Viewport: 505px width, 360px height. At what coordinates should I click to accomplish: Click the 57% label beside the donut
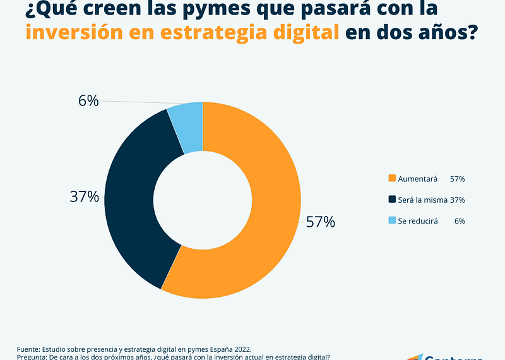[320, 222]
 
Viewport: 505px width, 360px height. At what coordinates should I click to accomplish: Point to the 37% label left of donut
[84, 196]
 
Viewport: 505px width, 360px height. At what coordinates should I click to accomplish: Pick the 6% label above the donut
[88, 100]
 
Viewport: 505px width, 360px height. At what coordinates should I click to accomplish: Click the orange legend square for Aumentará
[392, 179]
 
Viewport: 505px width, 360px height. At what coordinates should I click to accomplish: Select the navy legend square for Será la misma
[392, 200]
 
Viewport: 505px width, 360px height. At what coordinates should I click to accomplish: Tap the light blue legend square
[392, 220]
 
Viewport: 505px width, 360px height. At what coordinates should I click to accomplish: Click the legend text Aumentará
[418, 179]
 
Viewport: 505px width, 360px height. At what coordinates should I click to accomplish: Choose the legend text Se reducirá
[418, 221]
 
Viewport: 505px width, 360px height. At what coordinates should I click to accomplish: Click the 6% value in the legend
[459, 221]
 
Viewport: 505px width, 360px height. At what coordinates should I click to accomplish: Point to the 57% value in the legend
[457, 179]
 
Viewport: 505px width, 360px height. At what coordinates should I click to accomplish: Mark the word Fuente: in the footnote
[30, 349]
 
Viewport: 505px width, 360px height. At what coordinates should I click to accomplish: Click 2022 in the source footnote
[241, 349]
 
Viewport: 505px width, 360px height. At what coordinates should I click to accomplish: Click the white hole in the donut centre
[203, 199]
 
